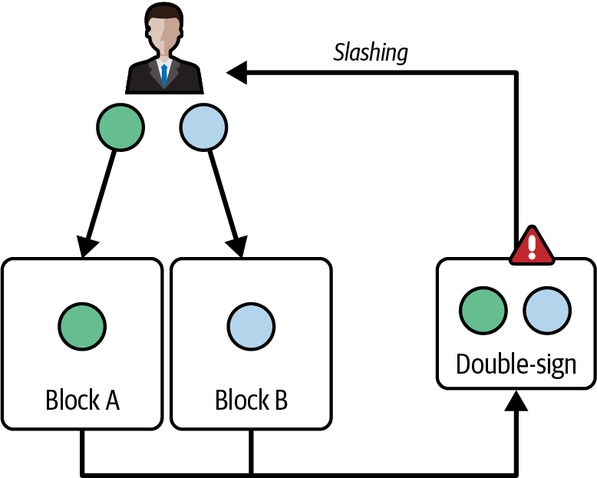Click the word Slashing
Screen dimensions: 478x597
(371, 52)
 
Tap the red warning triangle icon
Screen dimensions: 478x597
(530, 245)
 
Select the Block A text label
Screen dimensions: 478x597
(82, 400)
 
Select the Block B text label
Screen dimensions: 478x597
(251, 400)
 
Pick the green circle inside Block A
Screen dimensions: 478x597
(82, 324)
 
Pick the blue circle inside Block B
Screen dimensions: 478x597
(251, 324)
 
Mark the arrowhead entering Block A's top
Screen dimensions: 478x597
(87, 247)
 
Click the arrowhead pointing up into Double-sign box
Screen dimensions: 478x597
(519, 401)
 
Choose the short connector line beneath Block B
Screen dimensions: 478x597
(251, 451)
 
